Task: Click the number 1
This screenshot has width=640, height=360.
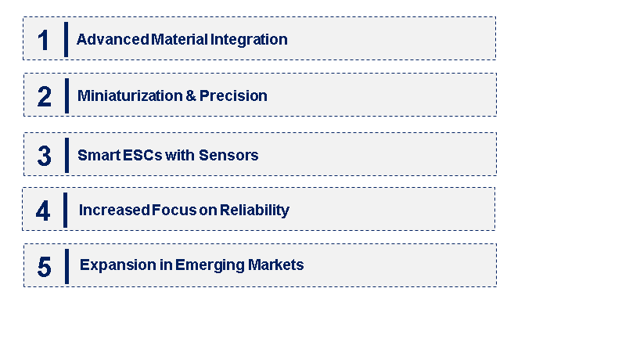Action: coord(44,40)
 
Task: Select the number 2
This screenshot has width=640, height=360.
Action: coord(45,96)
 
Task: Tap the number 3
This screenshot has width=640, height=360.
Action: coord(45,156)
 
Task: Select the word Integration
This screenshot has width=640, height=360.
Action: coord(249,39)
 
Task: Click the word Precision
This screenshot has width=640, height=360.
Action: coord(233,95)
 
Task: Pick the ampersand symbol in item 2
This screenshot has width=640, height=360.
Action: coord(190,95)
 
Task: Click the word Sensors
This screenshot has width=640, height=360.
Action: coord(228,155)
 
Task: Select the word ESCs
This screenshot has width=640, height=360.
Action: coord(142,155)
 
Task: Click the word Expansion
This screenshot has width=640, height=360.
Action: coord(112,265)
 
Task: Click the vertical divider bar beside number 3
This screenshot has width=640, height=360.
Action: coord(67,154)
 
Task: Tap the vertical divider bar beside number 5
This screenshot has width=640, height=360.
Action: coord(67,266)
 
